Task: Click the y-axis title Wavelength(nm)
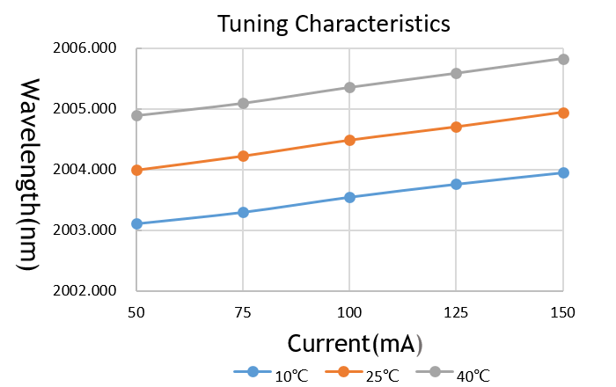[28, 174]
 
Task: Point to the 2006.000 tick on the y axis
[92, 49]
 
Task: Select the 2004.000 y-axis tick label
[92, 170]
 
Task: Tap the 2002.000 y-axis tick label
[92, 291]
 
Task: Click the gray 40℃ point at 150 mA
[563, 59]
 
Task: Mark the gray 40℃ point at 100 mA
[349, 87]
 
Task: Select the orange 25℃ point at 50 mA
[136, 170]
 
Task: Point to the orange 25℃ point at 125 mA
[457, 127]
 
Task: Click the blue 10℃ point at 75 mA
[243, 212]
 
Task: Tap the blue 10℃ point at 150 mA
[563, 172]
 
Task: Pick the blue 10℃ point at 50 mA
[136, 223]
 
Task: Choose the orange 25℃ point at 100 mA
[349, 140]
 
